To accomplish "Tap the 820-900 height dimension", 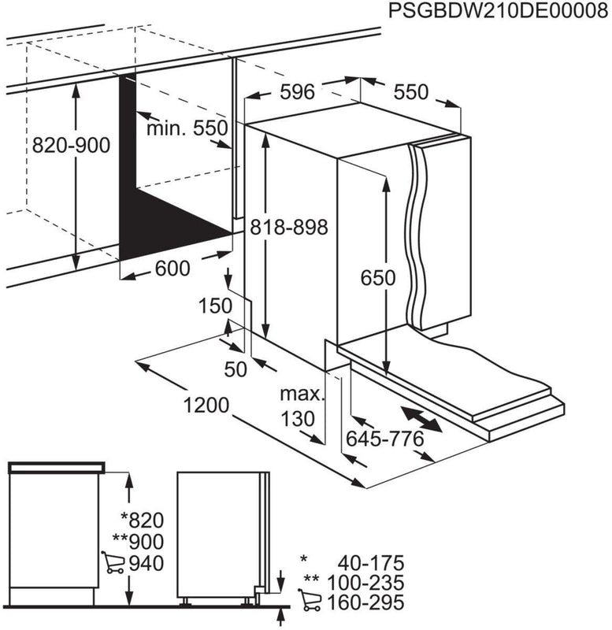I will coord(70,145).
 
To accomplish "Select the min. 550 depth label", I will coord(187,128).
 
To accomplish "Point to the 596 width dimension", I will coord(297,92).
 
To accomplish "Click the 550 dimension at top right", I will coord(410,92).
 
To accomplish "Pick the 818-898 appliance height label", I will coord(287,227).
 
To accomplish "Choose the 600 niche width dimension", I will coord(172,269).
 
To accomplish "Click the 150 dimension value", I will coord(214,306).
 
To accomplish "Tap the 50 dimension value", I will coord(236,367).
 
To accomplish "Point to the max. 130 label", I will coord(301,406).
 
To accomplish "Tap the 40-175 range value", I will coord(370,563).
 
